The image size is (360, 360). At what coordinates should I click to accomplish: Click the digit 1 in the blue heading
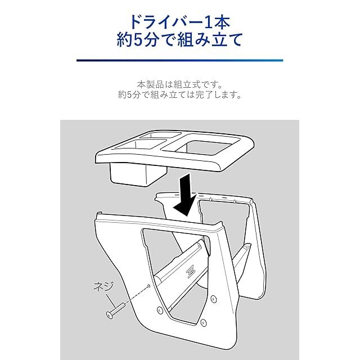[209, 22]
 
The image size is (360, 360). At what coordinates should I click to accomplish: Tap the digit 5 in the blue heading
[138, 39]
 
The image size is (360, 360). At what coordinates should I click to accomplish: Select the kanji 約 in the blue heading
[124, 39]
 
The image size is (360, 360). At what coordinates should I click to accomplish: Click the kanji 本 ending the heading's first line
[222, 22]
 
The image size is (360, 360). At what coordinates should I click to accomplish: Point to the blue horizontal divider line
[179, 60]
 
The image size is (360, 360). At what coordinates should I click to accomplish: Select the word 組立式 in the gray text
[187, 84]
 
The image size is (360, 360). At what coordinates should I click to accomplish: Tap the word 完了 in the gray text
[205, 94]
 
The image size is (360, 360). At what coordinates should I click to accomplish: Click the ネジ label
[103, 287]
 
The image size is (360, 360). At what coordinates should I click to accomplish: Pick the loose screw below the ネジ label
[115, 310]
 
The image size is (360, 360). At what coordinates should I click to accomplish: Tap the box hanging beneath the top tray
[138, 174]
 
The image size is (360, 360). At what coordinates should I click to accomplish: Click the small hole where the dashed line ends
[148, 286]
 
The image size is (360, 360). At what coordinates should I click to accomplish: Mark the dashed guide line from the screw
[137, 295]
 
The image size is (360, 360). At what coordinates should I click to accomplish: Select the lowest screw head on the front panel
[203, 322]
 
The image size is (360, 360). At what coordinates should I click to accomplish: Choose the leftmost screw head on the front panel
[160, 310]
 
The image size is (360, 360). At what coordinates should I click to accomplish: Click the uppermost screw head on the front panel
[214, 299]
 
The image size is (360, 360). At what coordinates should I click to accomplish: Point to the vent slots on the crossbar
[191, 271]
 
